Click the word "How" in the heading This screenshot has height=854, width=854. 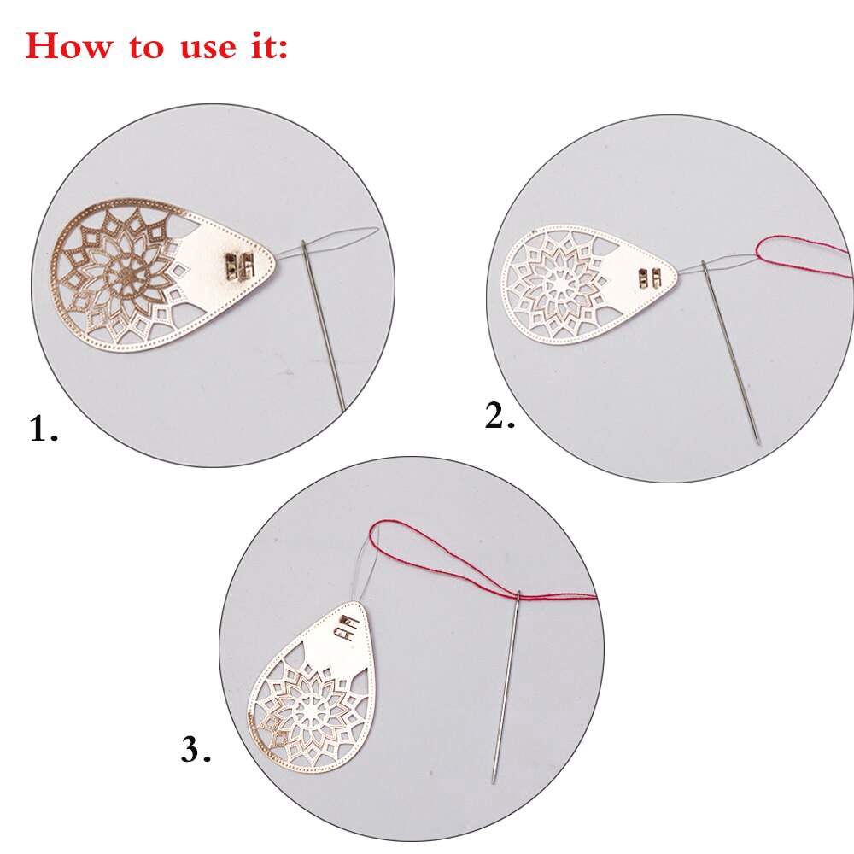[68, 45]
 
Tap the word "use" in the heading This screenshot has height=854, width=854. [208, 49]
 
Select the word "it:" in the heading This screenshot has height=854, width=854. [268, 45]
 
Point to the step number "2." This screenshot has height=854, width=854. [500, 417]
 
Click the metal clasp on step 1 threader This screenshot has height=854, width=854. [240, 266]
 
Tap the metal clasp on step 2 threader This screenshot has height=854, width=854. [650, 278]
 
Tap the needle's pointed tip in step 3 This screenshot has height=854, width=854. [494, 781]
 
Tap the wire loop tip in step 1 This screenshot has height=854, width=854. [377, 231]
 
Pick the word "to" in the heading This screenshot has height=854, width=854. [147, 47]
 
